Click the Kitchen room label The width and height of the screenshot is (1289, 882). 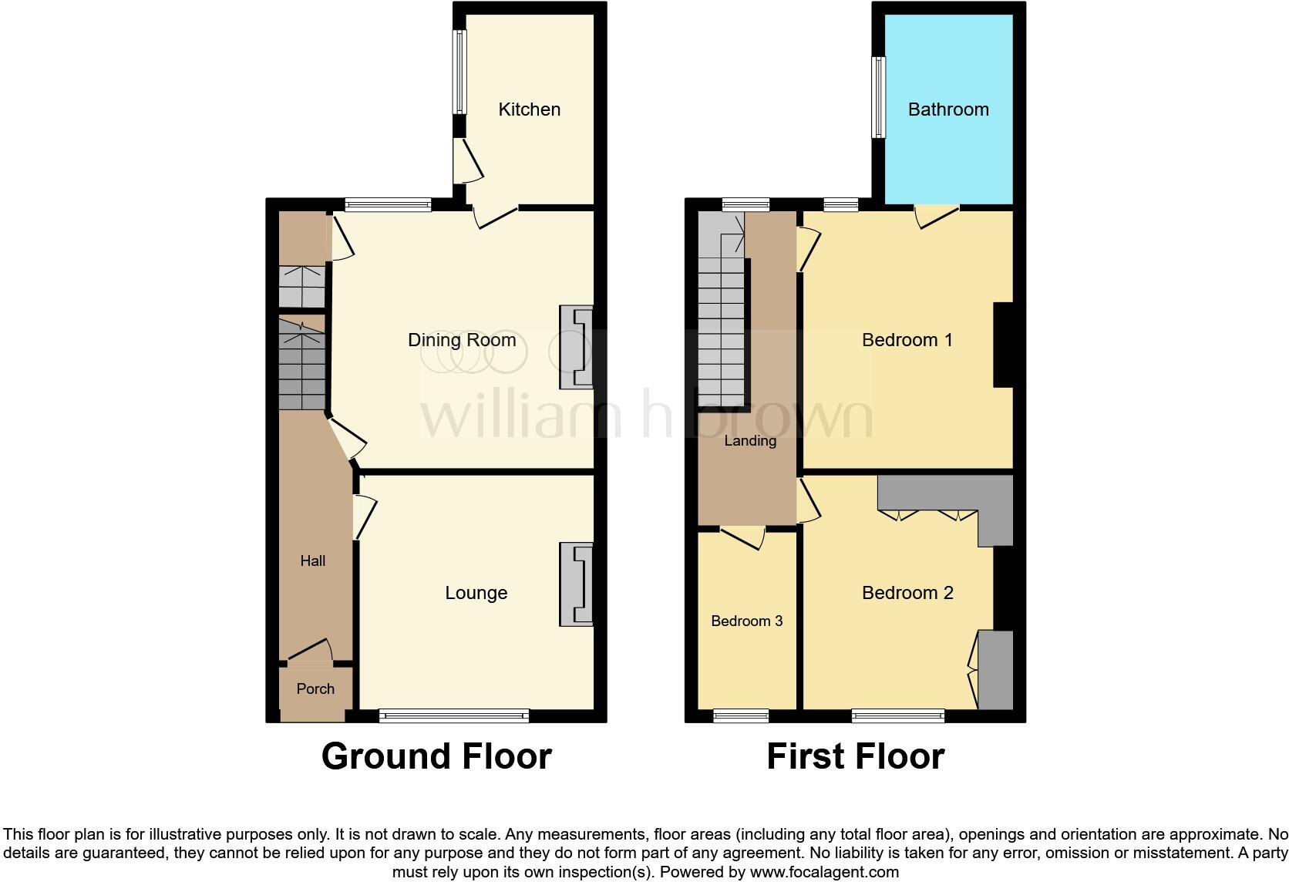(529, 109)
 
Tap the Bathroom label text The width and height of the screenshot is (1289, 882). (947, 109)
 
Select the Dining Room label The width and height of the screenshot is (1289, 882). (462, 340)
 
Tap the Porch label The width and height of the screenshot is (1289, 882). (315, 688)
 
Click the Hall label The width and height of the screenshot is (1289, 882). (312, 561)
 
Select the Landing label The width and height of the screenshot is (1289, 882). (749, 441)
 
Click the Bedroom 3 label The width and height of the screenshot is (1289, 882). (746, 621)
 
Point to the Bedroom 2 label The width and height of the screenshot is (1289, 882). (907, 592)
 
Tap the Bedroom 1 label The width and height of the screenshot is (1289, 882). (907, 340)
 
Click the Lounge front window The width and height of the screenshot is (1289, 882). (454, 716)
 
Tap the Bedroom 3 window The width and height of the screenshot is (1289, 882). (741, 716)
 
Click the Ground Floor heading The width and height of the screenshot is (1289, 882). (436, 756)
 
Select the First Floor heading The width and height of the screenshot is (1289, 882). (855, 756)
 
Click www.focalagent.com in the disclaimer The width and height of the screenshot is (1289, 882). (824, 873)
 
